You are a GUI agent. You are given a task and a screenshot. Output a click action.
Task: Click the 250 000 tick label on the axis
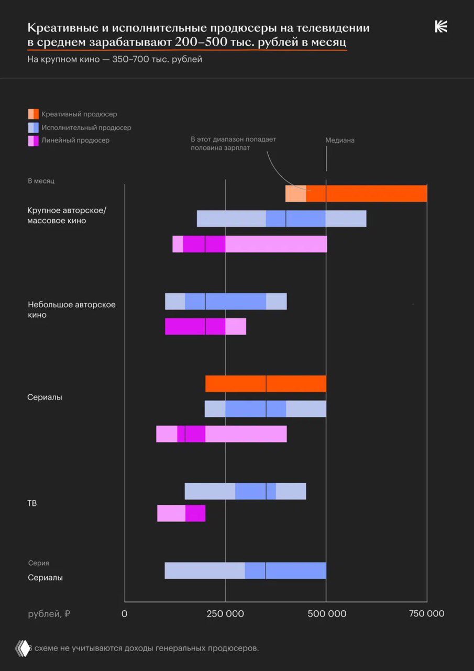coord(225,613)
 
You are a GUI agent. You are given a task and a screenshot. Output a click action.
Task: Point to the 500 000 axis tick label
coord(326,613)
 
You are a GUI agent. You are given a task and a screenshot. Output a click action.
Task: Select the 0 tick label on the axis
coord(125,613)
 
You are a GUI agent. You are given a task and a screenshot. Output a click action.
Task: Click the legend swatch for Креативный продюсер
coord(33,114)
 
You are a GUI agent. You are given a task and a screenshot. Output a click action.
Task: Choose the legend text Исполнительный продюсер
coord(86,127)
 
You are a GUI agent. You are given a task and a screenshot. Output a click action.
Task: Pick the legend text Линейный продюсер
coord(75,140)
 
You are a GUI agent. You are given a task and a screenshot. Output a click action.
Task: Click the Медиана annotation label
coord(339,140)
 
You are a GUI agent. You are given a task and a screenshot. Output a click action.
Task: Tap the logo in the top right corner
coord(441,27)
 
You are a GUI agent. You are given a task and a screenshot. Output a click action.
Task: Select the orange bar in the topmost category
coord(356,193)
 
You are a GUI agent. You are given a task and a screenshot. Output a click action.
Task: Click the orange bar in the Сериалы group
coord(266,384)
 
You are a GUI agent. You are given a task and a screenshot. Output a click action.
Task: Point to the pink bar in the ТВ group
coord(181,513)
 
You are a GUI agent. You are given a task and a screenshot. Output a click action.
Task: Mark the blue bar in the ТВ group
coord(245,491)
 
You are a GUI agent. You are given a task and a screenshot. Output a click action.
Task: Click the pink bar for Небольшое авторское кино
coord(205,327)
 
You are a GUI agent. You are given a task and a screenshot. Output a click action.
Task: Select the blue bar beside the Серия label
coord(245,570)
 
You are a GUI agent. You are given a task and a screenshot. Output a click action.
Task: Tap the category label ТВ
coord(32,503)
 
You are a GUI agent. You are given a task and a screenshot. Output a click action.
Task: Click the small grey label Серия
coord(38,563)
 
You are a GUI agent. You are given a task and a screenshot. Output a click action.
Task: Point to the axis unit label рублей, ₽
coord(49,613)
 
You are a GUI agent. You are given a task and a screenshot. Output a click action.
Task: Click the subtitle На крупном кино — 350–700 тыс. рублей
coord(115,59)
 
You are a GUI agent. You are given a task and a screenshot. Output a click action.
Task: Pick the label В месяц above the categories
coord(41,181)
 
